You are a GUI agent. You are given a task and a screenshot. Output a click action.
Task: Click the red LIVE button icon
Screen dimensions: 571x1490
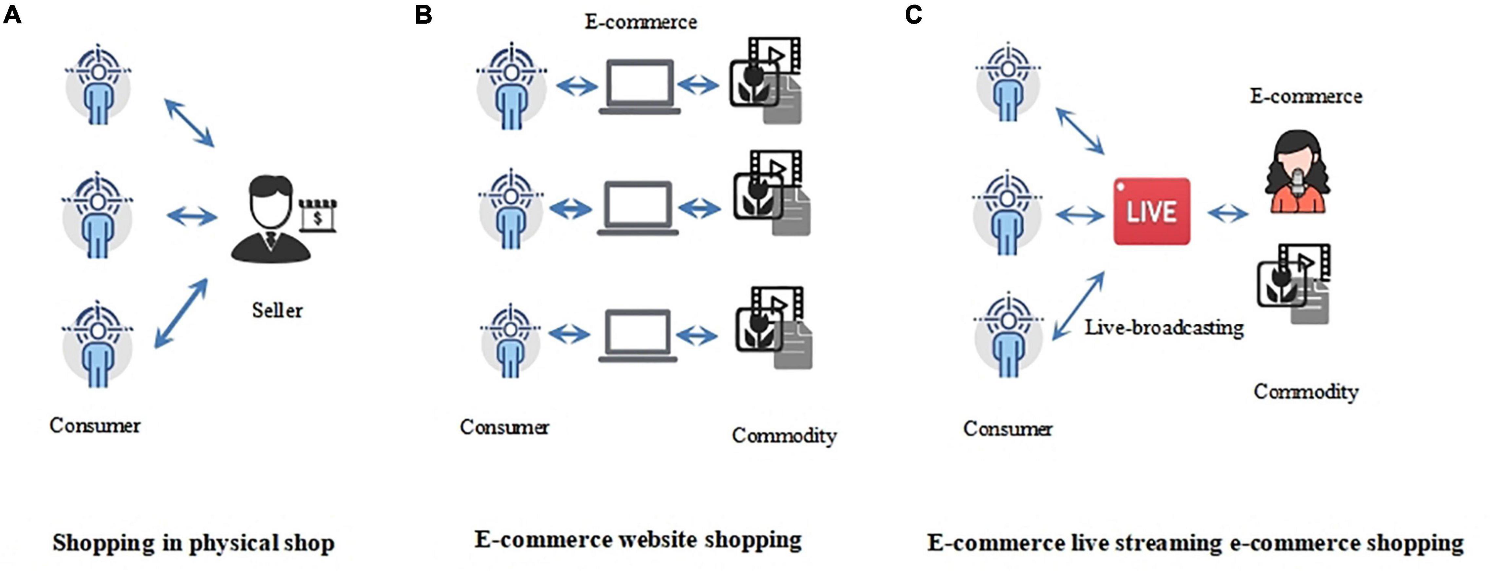pyautogui.click(x=1152, y=211)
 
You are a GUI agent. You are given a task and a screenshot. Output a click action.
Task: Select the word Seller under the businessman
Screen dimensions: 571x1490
pyautogui.click(x=277, y=311)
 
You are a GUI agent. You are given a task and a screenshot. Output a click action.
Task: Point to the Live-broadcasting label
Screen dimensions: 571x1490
pyautogui.click(x=1164, y=328)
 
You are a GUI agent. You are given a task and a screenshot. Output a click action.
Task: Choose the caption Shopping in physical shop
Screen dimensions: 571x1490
pyautogui.click(x=193, y=542)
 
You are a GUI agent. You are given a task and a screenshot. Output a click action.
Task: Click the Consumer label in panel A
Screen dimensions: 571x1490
pyautogui.click(x=95, y=426)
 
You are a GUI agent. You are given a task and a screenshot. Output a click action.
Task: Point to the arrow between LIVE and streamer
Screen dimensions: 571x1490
pyautogui.click(x=1228, y=214)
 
